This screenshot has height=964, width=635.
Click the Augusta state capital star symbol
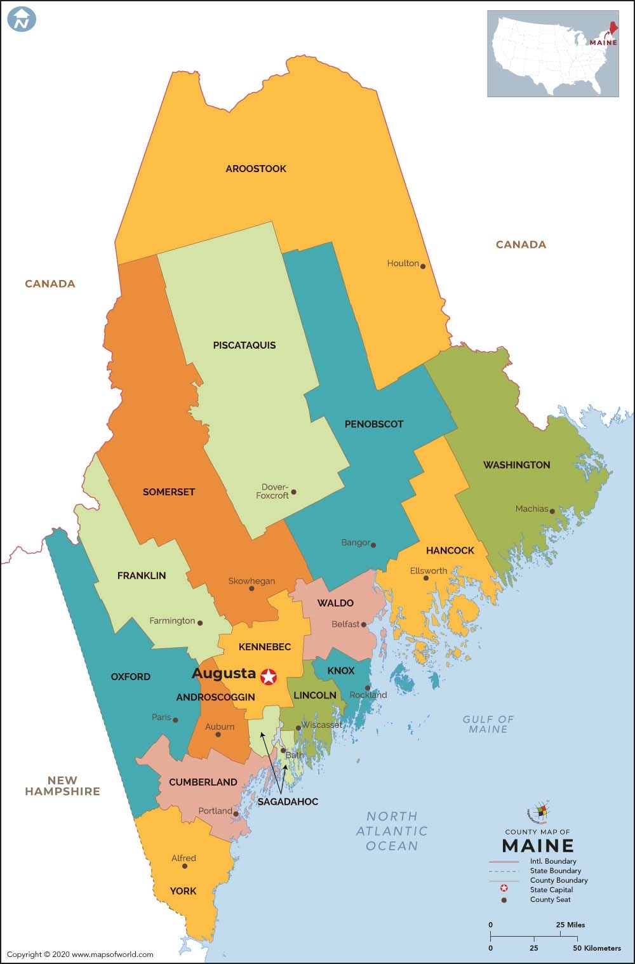tap(269, 677)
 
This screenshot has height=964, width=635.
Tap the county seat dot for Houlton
tap(423, 266)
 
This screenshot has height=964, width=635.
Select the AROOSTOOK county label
tap(256, 169)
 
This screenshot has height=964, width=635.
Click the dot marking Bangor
tap(373, 545)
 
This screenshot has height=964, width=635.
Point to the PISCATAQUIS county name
tap(244, 345)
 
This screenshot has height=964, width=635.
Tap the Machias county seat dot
tap(552, 511)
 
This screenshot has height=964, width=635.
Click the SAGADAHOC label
tap(288, 802)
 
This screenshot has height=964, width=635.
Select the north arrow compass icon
tap(22, 19)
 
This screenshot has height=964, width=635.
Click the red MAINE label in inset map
tap(603, 43)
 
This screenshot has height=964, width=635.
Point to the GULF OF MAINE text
tap(488, 724)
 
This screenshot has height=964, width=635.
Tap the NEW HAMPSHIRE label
tap(62, 786)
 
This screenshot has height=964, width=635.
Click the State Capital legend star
tap(504, 890)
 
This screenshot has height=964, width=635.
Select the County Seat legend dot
tap(504, 900)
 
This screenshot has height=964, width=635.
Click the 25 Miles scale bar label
tap(571, 925)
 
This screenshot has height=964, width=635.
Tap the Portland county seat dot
tap(236, 813)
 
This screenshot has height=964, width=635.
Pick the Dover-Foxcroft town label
tap(272, 491)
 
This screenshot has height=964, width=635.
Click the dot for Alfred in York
tap(185, 866)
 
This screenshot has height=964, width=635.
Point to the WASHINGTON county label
tap(516, 465)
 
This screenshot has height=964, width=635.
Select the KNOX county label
tap(341, 671)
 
